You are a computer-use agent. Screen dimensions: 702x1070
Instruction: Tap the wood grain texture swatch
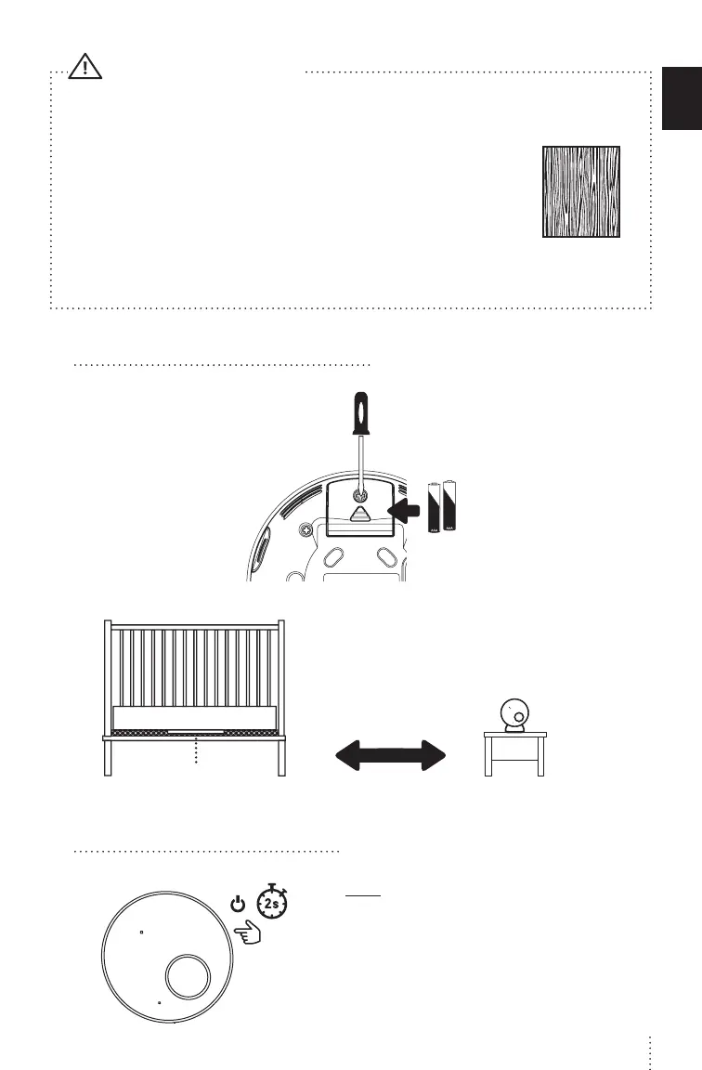click(x=581, y=191)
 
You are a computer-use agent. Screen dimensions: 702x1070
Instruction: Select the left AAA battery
click(x=435, y=508)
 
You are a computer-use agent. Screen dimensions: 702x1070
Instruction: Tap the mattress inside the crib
click(x=194, y=717)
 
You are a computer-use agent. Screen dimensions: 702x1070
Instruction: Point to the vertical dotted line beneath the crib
click(x=196, y=750)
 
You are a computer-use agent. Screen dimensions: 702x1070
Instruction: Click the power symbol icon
click(x=239, y=902)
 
